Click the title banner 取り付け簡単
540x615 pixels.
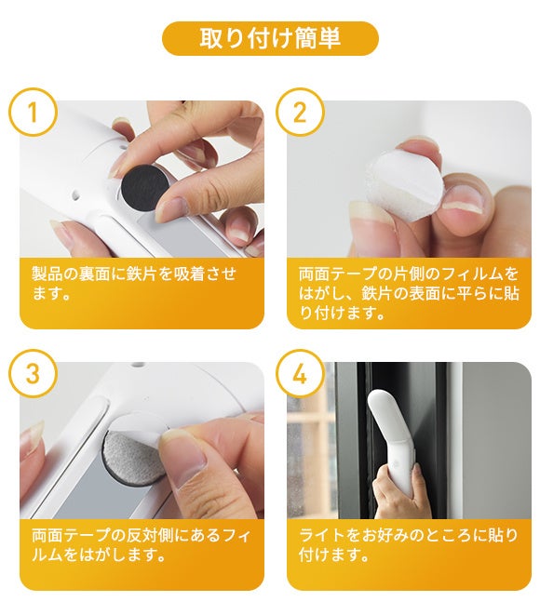[270, 38]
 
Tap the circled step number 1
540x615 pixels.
[34, 113]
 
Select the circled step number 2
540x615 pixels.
[300, 113]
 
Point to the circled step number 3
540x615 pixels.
[34, 374]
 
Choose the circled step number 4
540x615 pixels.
[300, 374]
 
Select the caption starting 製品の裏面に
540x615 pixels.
[134, 283]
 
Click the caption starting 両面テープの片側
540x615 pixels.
[409, 293]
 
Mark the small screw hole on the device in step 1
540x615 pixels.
[76, 194]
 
